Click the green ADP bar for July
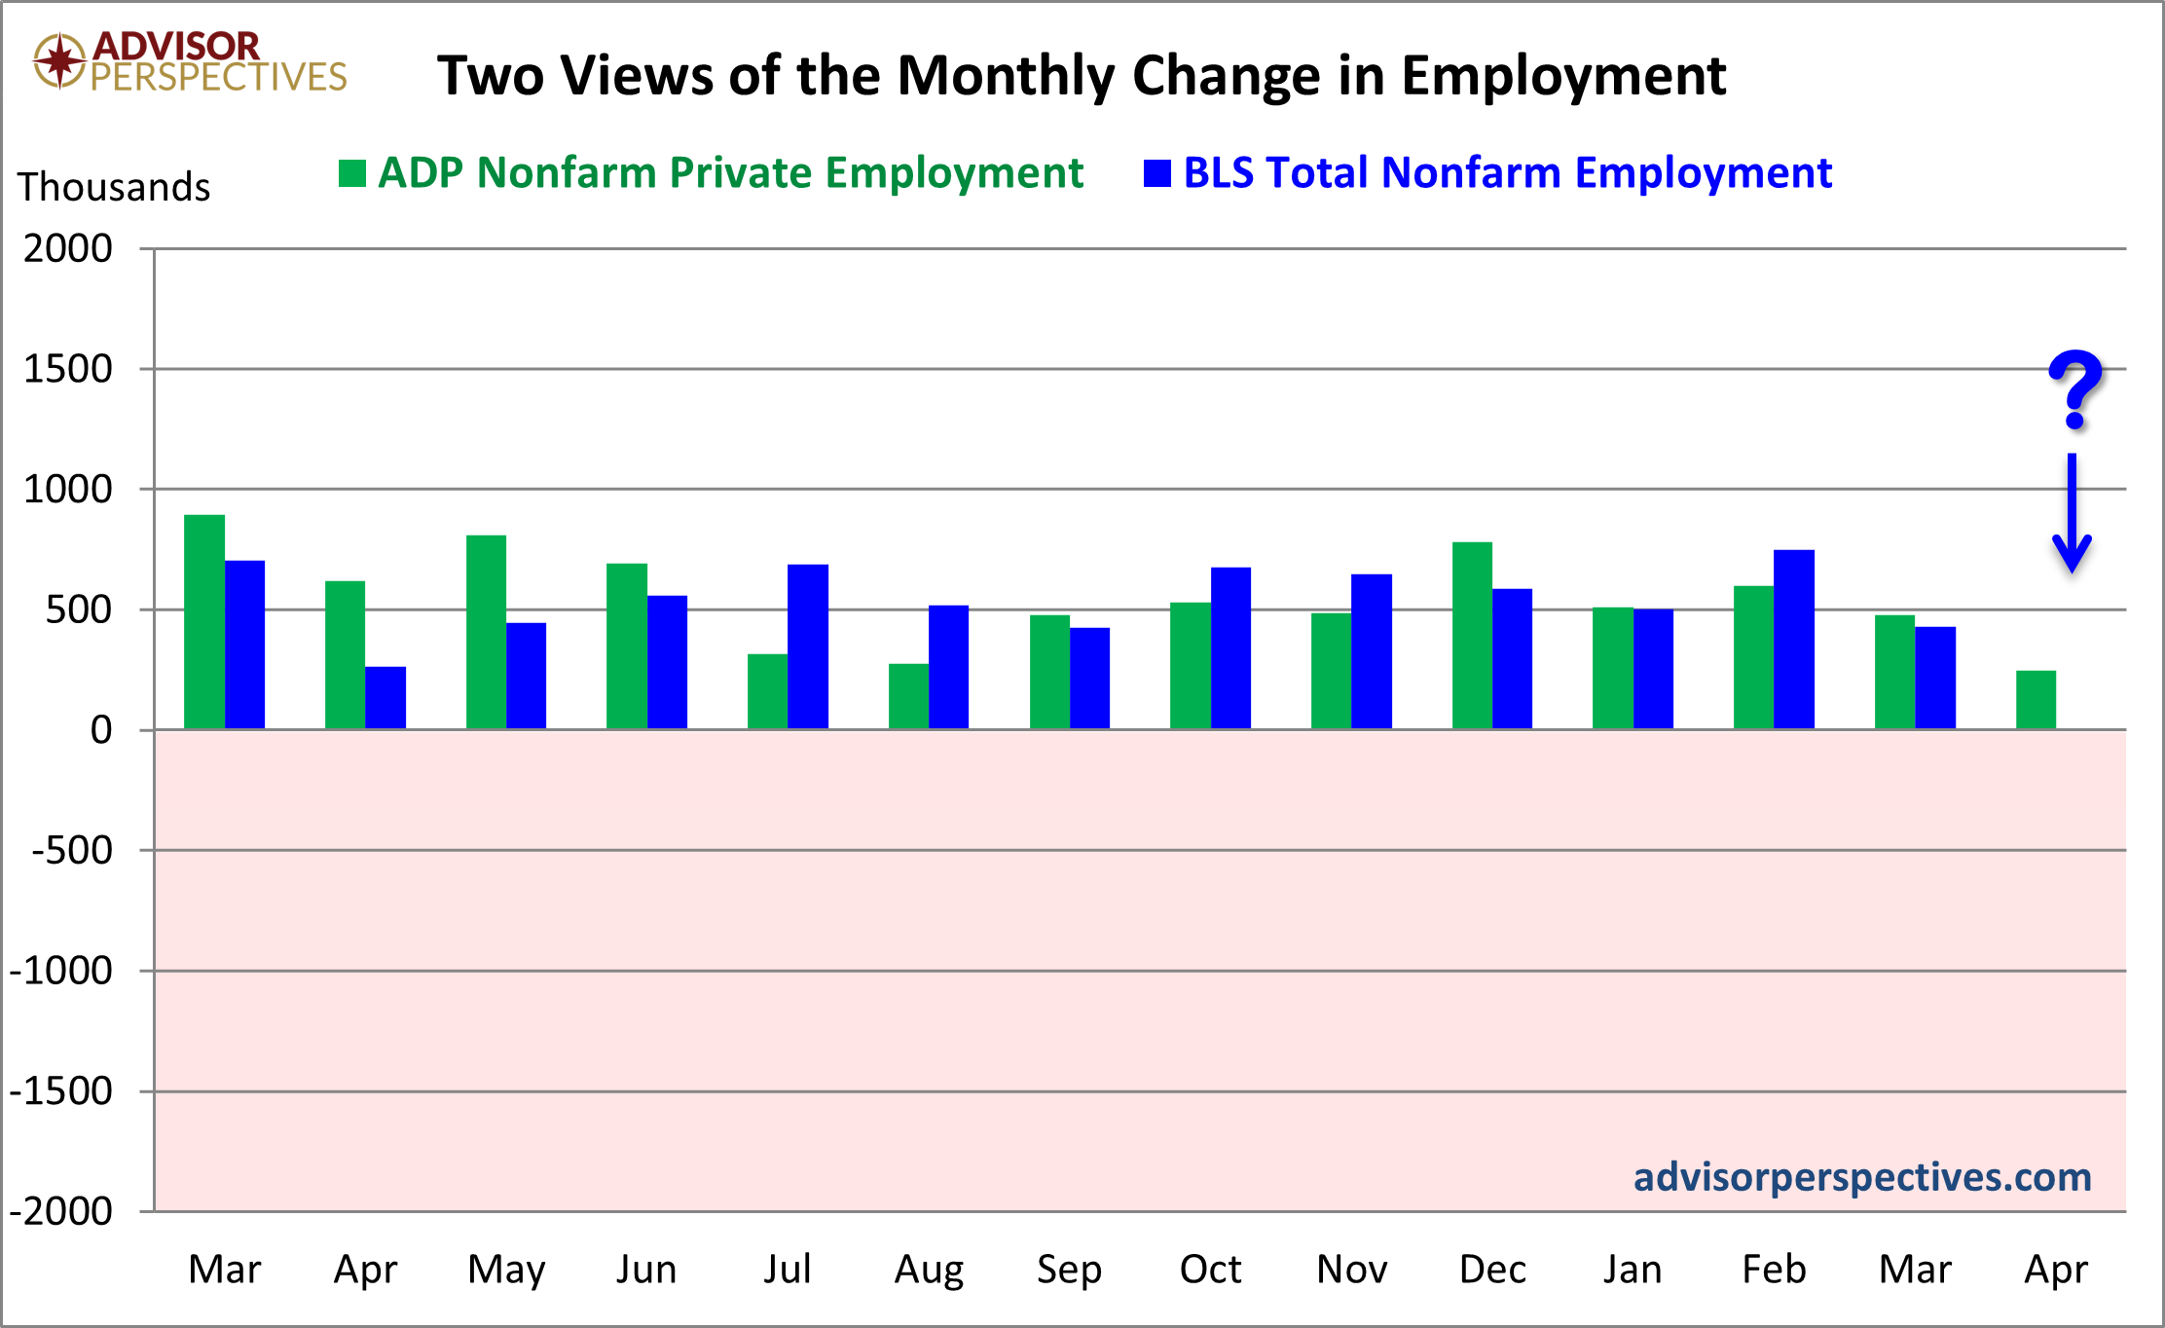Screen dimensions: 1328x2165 [767, 691]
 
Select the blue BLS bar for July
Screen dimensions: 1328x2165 [808, 646]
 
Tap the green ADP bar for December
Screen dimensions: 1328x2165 [1472, 635]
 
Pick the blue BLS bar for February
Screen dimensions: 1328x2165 [1794, 639]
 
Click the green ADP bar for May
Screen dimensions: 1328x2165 [486, 632]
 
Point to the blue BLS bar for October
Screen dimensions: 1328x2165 [1230, 647]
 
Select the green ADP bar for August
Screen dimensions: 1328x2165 [908, 696]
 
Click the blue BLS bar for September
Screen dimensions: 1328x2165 [1089, 678]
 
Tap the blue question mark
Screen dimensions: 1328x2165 [2074, 389]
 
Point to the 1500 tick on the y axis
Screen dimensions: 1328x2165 [68, 369]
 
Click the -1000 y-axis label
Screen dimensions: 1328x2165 [60, 971]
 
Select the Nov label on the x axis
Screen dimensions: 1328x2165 [1352, 1270]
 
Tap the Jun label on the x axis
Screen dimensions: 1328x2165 [646, 1270]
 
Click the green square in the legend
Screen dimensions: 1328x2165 [351, 173]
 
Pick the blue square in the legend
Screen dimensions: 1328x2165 [1156, 173]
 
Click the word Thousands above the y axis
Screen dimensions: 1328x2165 [114, 187]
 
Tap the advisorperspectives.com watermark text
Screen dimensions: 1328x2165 [1862, 1177]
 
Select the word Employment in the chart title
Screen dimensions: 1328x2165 [1563, 76]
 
